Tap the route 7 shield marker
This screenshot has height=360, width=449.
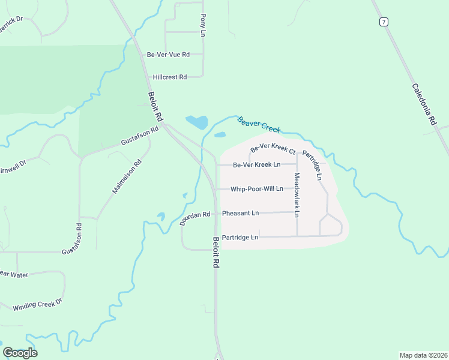tap(384, 22)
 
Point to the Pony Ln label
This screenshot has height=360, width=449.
tap(203, 25)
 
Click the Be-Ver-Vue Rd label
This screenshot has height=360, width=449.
tap(168, 55)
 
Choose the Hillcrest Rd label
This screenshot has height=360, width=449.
tap(170, 77)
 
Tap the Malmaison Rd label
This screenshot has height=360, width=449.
tap(127, 176)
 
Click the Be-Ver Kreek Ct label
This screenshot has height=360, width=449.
tap(273, 147)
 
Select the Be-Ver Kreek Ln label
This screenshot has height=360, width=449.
tap(256, 164)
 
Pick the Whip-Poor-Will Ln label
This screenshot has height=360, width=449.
tap(257, 188)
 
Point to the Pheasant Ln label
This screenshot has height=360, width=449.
tap(240, 213)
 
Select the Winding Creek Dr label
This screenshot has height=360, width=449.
tap(38, 305)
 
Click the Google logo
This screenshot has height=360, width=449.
tap(20, 353)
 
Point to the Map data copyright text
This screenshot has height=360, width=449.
tap(423, 355)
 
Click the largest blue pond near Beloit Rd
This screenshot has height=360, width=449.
tap(197, 122)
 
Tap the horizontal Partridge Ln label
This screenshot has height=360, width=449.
tap(240, 237)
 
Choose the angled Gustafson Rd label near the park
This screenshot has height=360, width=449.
tap(139, 136)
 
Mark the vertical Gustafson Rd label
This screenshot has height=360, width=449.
tap(79, 238)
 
